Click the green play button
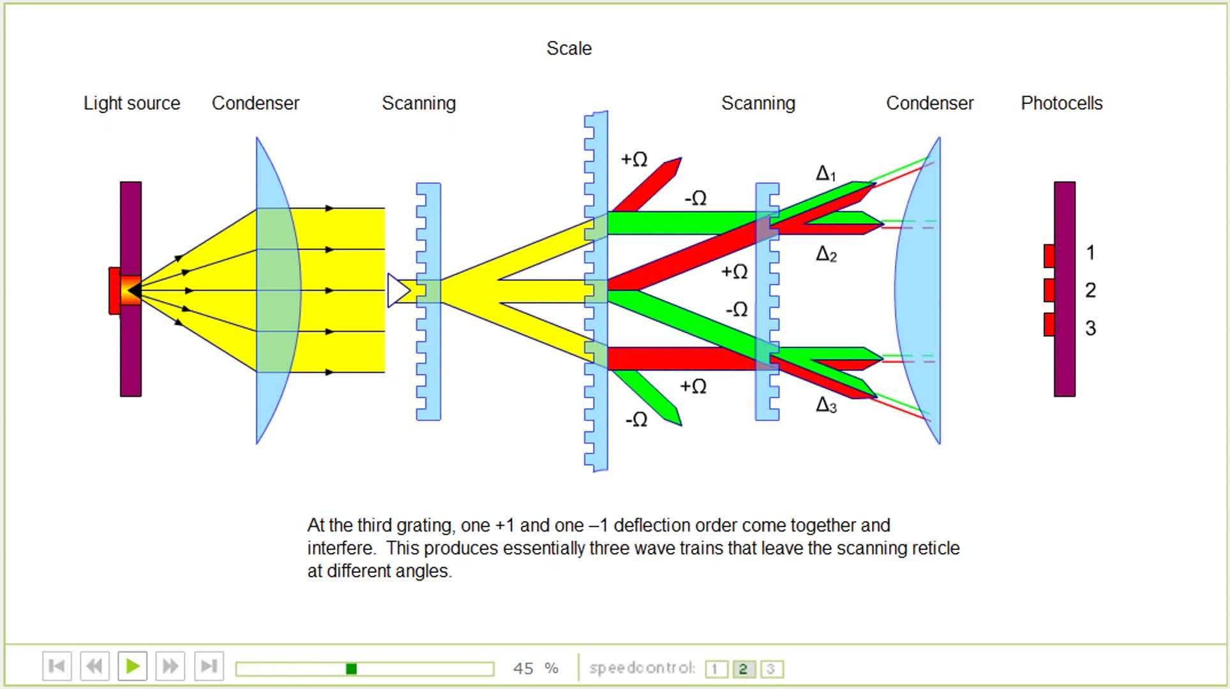tap(133, 667)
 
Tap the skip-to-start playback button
tap(57, 667)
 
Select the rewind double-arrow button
tap(94, 667)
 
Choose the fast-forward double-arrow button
tap(170, 667)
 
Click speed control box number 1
tap(716, 669)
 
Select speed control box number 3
tap(771, 669)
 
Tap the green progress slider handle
tap(351, 669)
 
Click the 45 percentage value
tap(523, 668)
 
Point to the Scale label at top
tap(569, 48)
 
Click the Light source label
tap(131, 103)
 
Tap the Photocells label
tap(1061, 103)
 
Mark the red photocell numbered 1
tap(1049, 256)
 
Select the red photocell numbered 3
tap(1049, 325)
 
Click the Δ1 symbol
tap(825, 174)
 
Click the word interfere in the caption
tap(342, 549)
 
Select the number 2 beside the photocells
tap(1090, 290)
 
